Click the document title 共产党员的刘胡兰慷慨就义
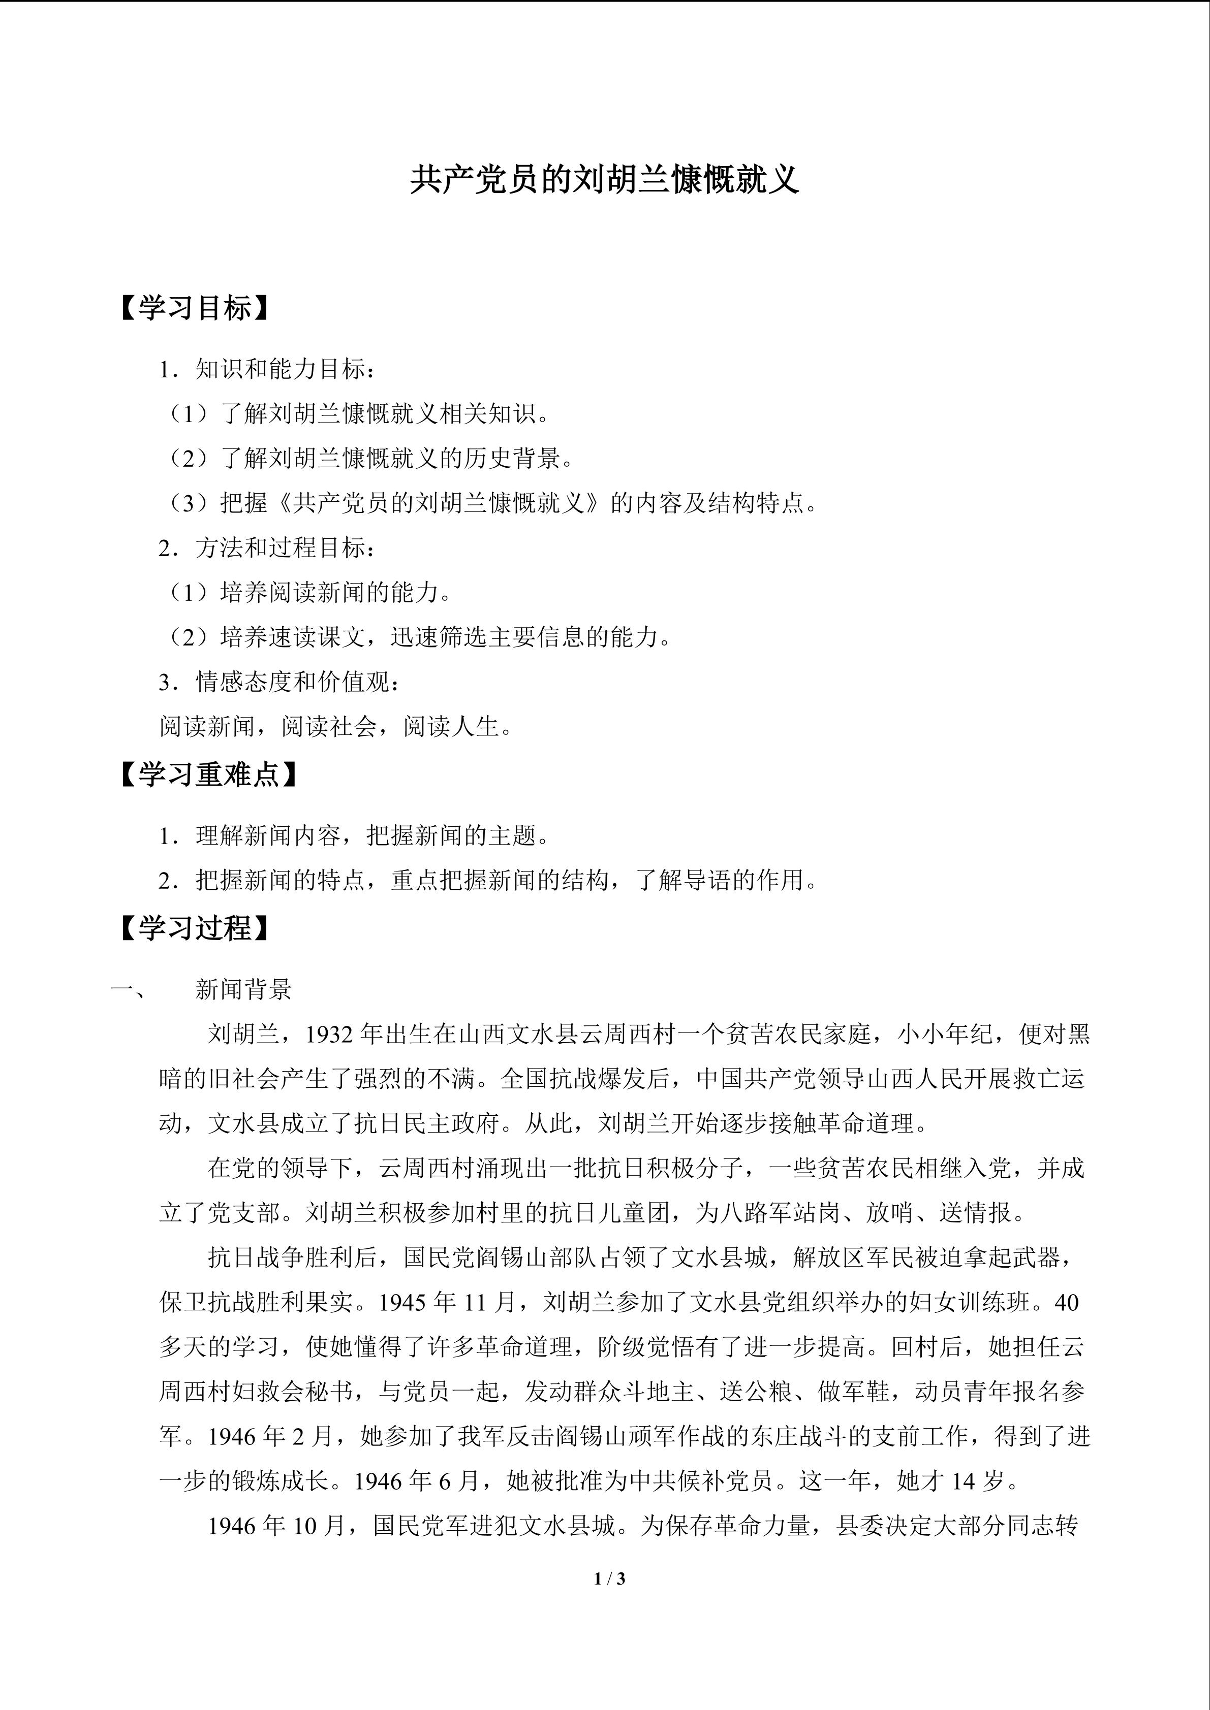coord(604,181)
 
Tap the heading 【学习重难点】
coord(209,776)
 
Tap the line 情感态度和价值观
coord(280,682)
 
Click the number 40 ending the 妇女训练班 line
coord(1067,1303)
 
